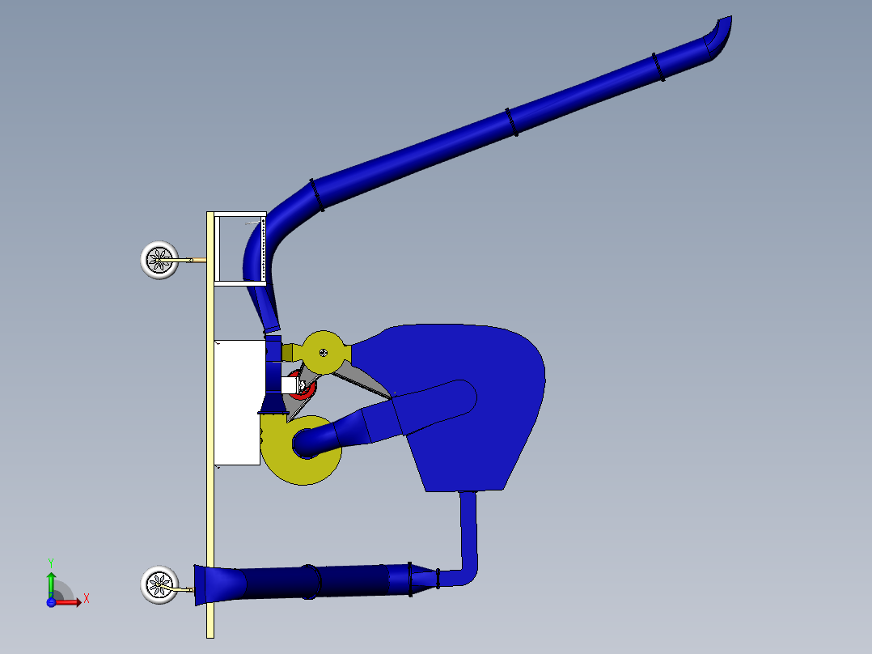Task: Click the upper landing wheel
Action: click(159, 260)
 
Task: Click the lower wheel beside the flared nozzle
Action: click(159, 585)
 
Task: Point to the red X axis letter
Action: click(86, 599)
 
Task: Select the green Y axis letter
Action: click(50, 562)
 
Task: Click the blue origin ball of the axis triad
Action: click(51, 601)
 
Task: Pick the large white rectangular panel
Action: click(237, 402)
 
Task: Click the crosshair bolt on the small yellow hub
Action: click(323, 352)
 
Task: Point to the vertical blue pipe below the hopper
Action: click(468, 526)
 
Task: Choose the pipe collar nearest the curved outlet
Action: click(659, 67)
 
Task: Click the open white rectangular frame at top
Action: click(239, 248)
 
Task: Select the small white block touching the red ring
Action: click(288, 386)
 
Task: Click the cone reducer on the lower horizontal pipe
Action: click(417, 580)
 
